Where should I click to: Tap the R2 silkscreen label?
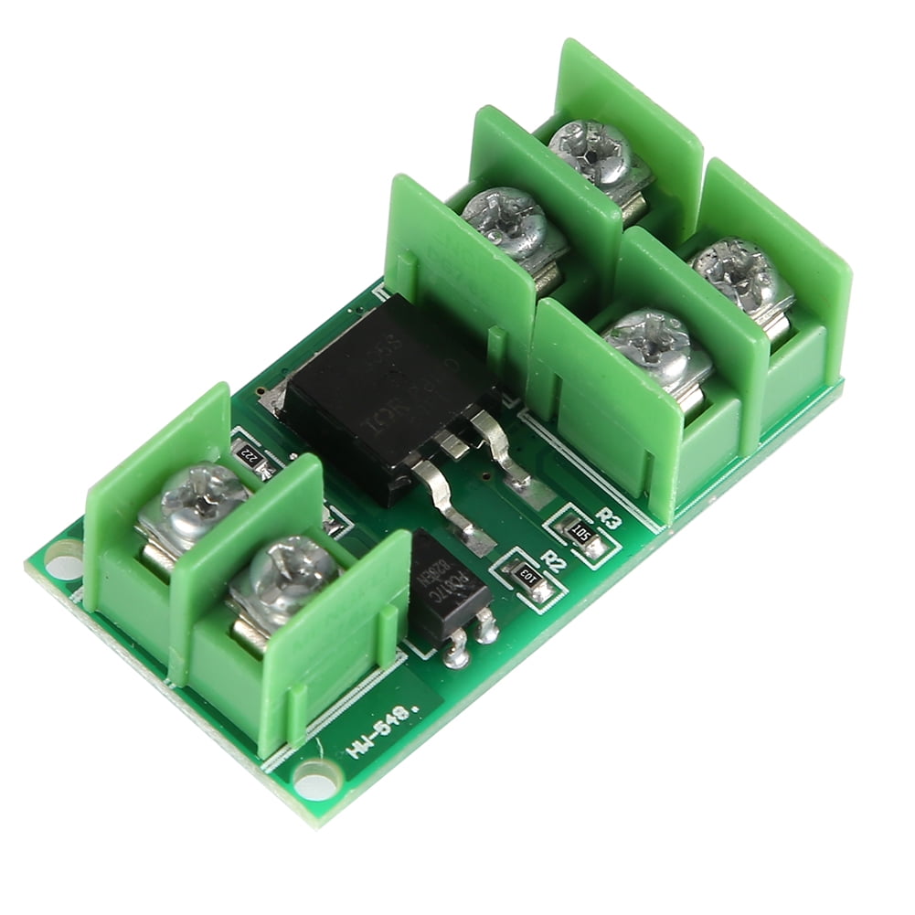(551, 559)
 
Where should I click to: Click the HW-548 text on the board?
(378, 733)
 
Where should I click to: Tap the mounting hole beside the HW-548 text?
(315, 782)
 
